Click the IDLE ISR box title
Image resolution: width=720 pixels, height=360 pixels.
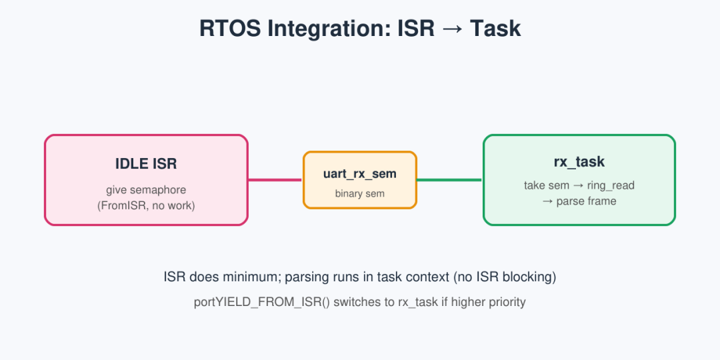146,164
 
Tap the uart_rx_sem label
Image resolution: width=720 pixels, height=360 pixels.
359,174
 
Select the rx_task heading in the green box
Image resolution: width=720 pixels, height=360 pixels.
579,162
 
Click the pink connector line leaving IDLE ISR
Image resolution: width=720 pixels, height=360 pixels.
275,180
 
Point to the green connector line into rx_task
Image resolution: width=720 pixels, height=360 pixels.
449,180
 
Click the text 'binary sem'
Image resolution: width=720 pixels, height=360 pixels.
359,194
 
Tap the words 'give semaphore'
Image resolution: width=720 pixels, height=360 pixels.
146,190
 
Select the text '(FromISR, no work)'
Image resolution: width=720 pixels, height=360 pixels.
146,206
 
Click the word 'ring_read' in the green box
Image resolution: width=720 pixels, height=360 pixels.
611,185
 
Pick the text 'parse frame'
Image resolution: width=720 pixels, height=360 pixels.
587,201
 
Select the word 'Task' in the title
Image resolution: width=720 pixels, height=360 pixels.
495,29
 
